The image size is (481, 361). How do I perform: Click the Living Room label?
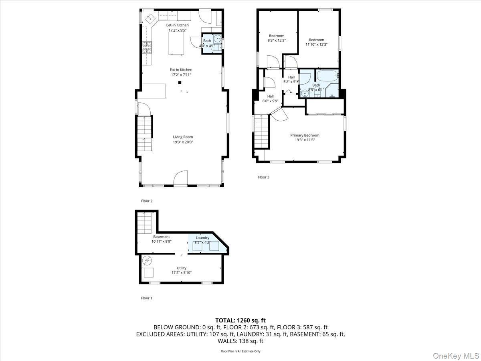tap(183, 137)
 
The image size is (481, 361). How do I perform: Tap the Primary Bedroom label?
tap(305, 135)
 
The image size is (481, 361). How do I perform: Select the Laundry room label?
tap(202, 237)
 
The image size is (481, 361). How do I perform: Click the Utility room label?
tap(182, 268)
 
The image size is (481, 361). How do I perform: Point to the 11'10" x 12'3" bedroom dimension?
tap(316, 45)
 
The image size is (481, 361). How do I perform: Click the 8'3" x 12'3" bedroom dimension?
tap(277, 40)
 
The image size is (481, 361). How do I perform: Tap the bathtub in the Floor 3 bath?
tap(327, 76)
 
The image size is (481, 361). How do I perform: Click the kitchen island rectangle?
tap(175, 43)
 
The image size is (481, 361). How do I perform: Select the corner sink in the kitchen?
tap(149, 18)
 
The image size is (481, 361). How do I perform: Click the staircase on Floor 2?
tap(145, 132)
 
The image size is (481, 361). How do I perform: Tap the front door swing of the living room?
tap(181, 178)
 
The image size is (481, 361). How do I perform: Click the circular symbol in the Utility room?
tap(147, 261)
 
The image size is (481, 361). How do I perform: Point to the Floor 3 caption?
tap(263, 177)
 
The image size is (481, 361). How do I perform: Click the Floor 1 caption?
tap(147, 298)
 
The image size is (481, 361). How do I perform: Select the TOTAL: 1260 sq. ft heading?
tap(240, 320)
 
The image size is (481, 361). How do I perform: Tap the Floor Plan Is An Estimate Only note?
tap(240, 351)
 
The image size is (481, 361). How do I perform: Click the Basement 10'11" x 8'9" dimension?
tap(161, 241)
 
